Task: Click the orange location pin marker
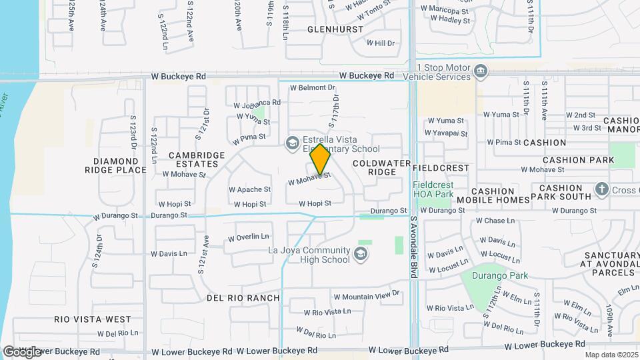[x=320, y=160]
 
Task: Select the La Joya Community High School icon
[x=361, y=254]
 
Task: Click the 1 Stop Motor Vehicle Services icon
[x=480, y=71]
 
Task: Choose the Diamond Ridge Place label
[x=120, y=165]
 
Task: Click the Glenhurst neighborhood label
[x=335, y=29]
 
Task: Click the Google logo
[x=21, y=351]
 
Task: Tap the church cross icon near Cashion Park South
[x=601, y=190]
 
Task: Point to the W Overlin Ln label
[x=249, y=237]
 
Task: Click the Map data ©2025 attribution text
[x=611, y=355]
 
